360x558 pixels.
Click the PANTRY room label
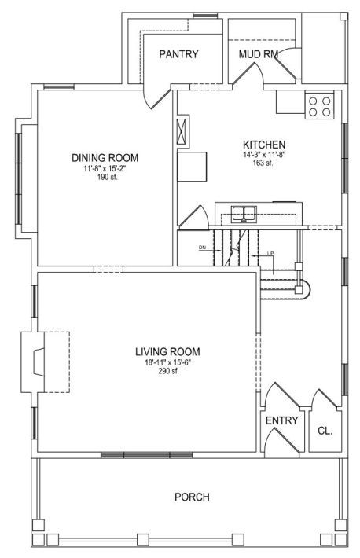point(178,54)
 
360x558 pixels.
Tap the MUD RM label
point(258,54)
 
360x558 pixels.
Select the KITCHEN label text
point(264,145)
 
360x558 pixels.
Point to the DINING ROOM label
point(105,158)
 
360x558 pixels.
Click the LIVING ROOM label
point(167,351)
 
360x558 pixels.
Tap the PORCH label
point(192,497)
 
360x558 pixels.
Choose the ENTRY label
point(281,420)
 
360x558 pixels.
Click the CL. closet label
point(325,431)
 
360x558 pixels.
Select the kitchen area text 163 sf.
point(264,163)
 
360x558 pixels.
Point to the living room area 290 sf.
point(168,371)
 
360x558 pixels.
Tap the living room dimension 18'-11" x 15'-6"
point(168,363)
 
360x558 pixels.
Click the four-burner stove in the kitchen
point(319,105)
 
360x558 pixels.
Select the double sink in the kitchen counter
point(244,214)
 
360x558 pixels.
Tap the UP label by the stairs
point(270,253)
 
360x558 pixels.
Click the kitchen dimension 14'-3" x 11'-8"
point(264,155)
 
